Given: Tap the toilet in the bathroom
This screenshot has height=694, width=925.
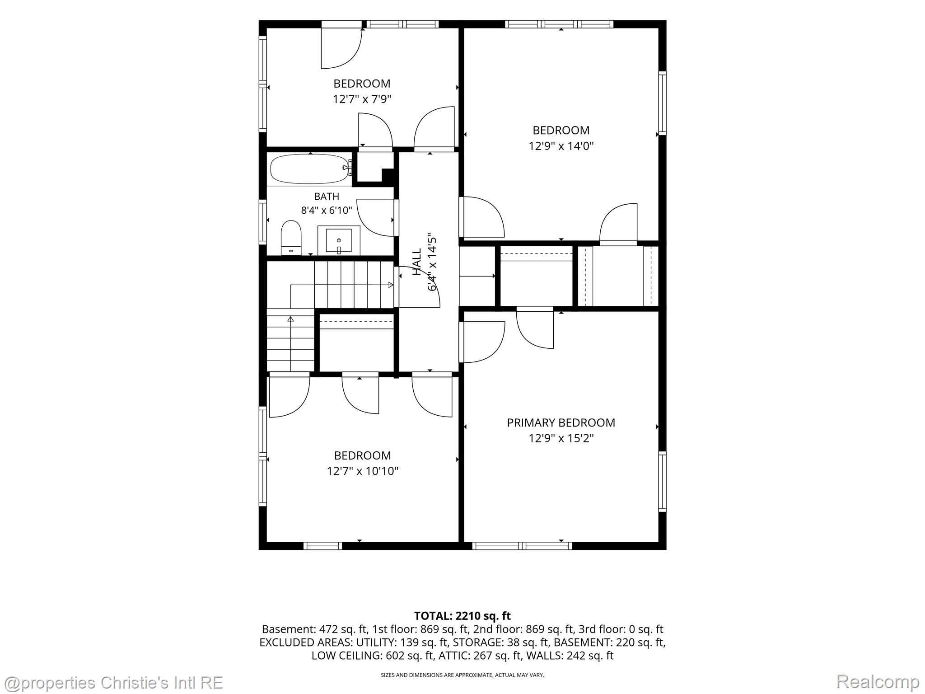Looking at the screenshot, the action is tap(291, 238).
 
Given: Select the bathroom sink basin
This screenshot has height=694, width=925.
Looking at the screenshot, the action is tap(338, 241).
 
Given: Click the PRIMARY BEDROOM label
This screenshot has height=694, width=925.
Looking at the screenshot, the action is tap(561, 423).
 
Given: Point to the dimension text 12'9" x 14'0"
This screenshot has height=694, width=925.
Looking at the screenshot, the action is tap(561, 146).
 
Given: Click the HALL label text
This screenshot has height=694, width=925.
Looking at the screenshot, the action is tap(417, 262).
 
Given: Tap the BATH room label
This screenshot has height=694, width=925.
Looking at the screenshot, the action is tap(327, 197).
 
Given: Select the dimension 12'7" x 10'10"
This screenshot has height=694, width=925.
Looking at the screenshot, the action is tap(363, 472).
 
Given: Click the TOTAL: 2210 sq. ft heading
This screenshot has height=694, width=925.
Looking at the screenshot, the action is tap(462, 616).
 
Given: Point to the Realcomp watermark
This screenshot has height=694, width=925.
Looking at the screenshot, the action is tap(878, 681).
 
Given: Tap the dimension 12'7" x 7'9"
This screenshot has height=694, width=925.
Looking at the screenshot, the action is tap(362, 99).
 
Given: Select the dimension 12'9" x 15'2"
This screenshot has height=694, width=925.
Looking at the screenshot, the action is tap(561, 438).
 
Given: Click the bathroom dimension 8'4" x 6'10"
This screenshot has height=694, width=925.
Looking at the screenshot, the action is tap(327, 211).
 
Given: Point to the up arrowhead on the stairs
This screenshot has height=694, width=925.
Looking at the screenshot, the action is tap(290, 319).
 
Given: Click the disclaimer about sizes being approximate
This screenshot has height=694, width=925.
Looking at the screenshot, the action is tap(462, 675).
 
